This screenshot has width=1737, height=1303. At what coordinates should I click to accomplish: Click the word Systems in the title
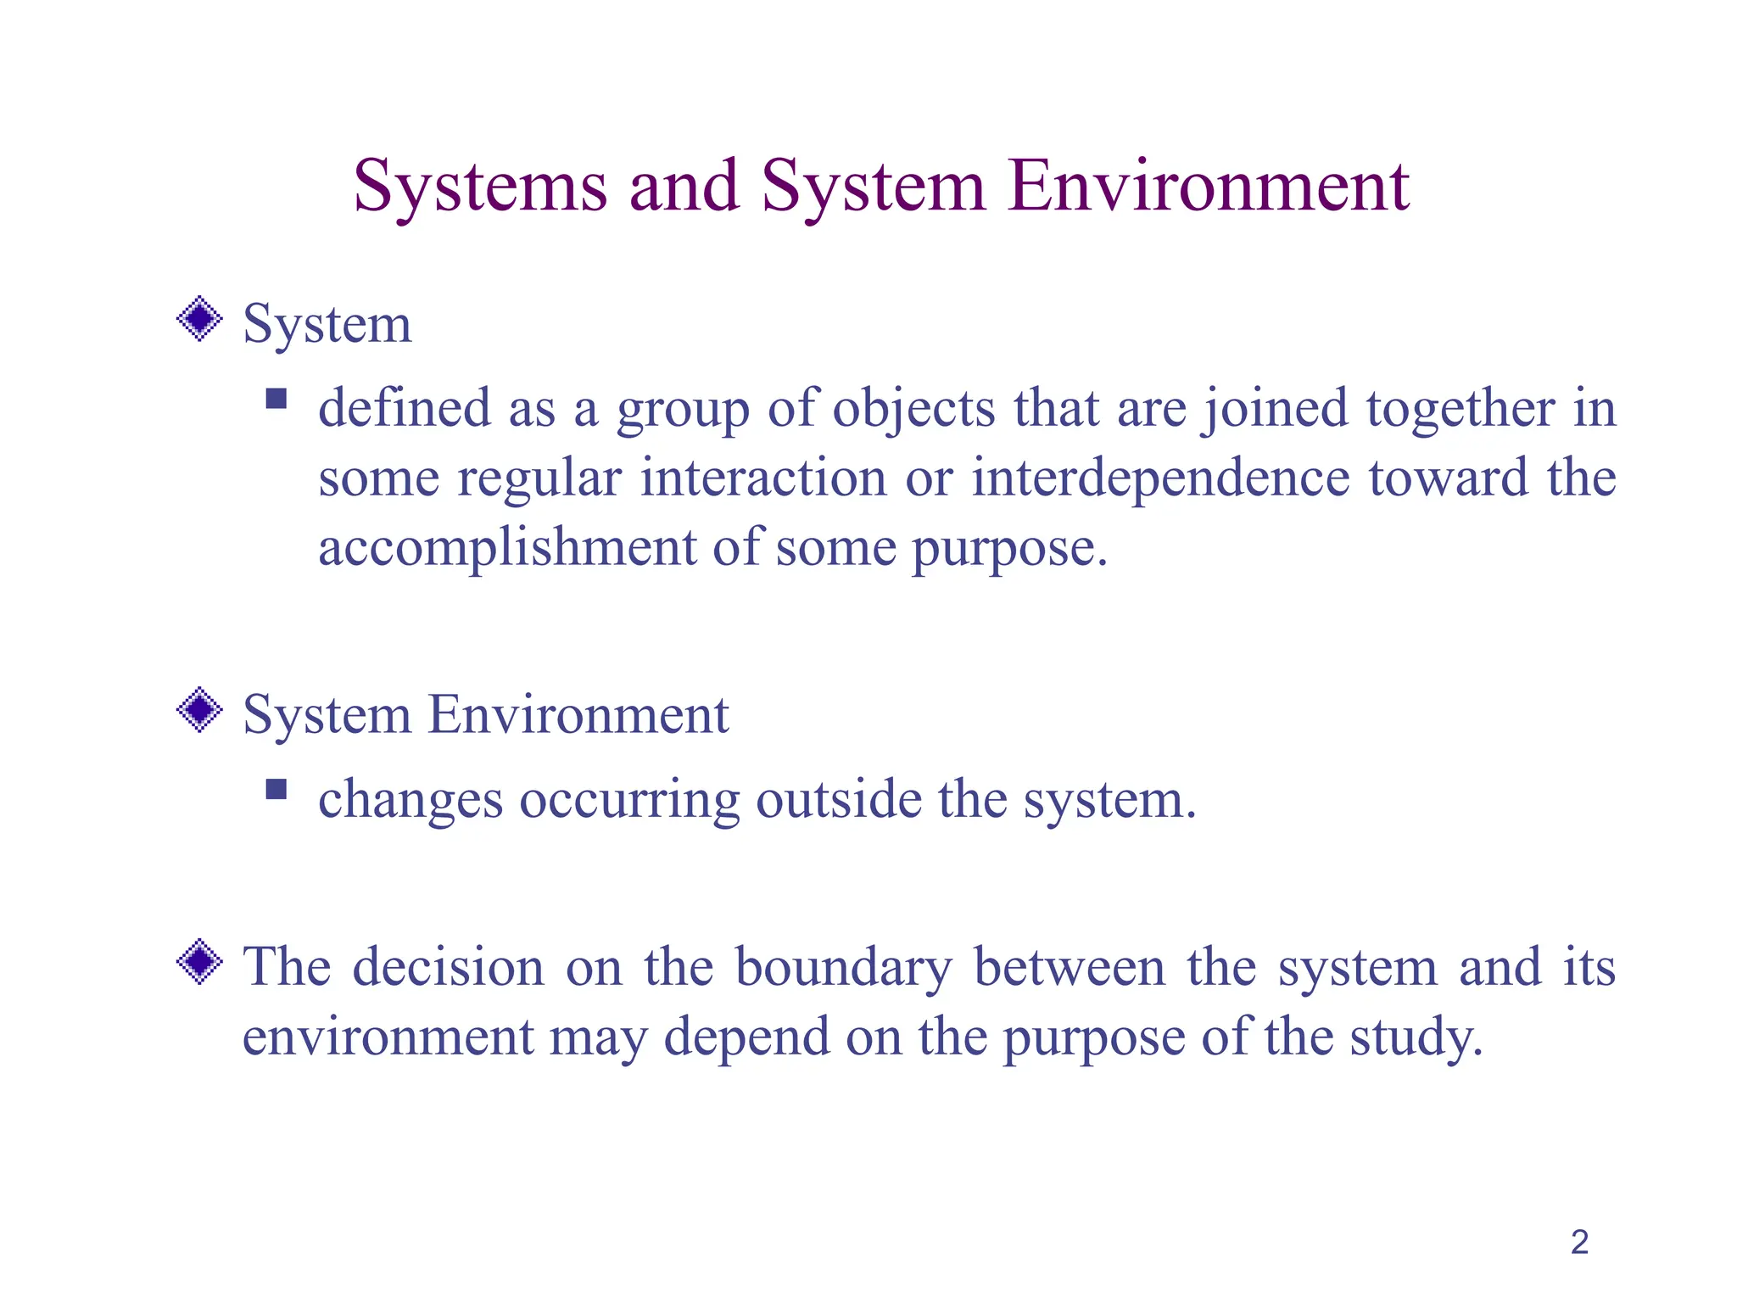pyautogui.click(x=480, y=187)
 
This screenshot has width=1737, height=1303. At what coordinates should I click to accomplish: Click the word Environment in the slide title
pyautogui.click(x=1209, y=187)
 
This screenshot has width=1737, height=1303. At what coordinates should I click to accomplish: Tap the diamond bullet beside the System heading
pyautogui.click(x=199, y=319)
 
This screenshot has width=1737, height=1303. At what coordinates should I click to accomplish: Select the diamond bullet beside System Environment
pyautogui.click(x=199, y=710)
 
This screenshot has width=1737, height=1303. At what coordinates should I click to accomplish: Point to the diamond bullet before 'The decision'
pyautogui.click(x=199, y=962)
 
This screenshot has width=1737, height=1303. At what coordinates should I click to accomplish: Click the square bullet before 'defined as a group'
pyautogui.click(x=276, y=399)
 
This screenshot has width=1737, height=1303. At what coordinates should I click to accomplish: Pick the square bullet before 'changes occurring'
pyautogui.click(x=276, y=790)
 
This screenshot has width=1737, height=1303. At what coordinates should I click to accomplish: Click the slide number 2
pyautogui.click(x=1579, y=1242)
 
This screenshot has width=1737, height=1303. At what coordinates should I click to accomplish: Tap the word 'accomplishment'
pyautogui.click(x=506, y=547)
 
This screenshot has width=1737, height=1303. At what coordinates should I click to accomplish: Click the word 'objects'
pyautogui.click(x=913, y=409)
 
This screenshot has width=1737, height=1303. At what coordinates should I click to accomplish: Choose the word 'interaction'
pyautogui.click(x=763, y=478)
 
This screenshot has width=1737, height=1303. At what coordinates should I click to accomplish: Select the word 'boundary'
pyautogui.click(x=844, y=967)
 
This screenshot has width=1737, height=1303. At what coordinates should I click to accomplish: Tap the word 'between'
pyautogui.click(x=1070, y=967)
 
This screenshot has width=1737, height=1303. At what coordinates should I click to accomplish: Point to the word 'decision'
pyautogui.click(x=449, y=967)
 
